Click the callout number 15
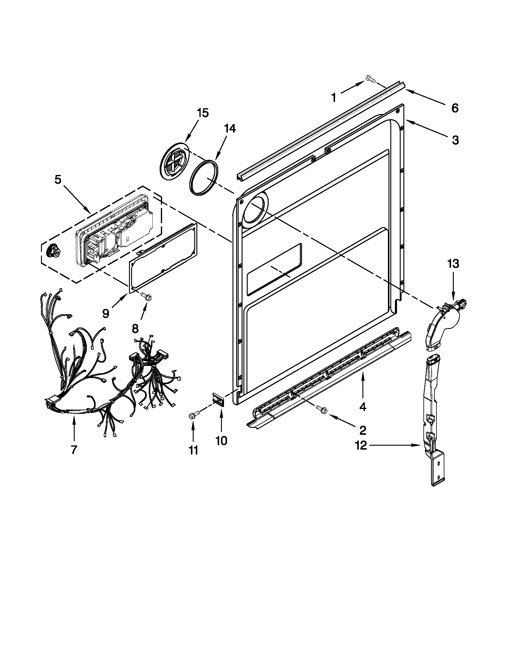(202, 113)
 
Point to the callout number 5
(58, 179)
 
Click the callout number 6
(455, 108)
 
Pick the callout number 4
(362, 407)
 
